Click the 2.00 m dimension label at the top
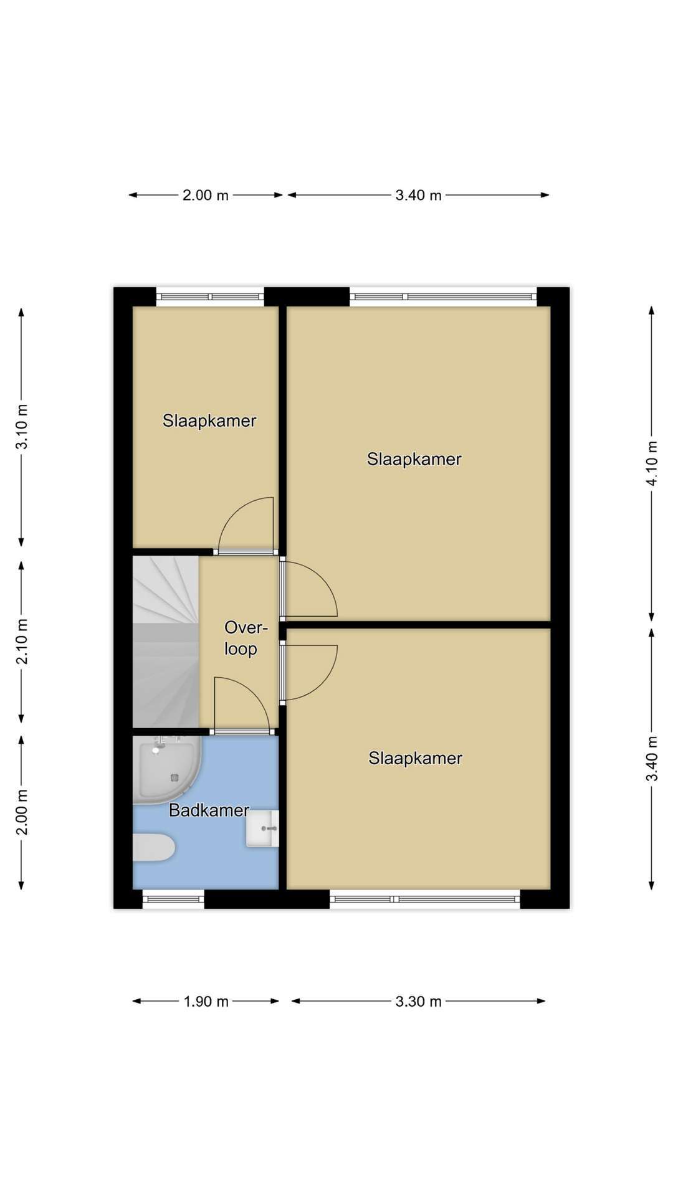206,196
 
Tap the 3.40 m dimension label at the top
418,196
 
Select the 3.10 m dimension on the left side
22,427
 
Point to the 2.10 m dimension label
22,642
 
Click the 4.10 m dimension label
652,463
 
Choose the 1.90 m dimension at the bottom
206,1002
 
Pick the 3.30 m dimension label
418,1002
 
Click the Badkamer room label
209,810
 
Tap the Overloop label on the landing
241,638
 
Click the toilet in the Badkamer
153,847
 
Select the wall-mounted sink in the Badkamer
262,828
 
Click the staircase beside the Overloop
166,642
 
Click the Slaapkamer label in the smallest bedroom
209,421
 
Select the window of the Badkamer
173,899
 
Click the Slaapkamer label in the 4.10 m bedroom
414,460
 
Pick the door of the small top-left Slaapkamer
246,552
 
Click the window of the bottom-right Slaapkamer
424,899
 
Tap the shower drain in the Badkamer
174,777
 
